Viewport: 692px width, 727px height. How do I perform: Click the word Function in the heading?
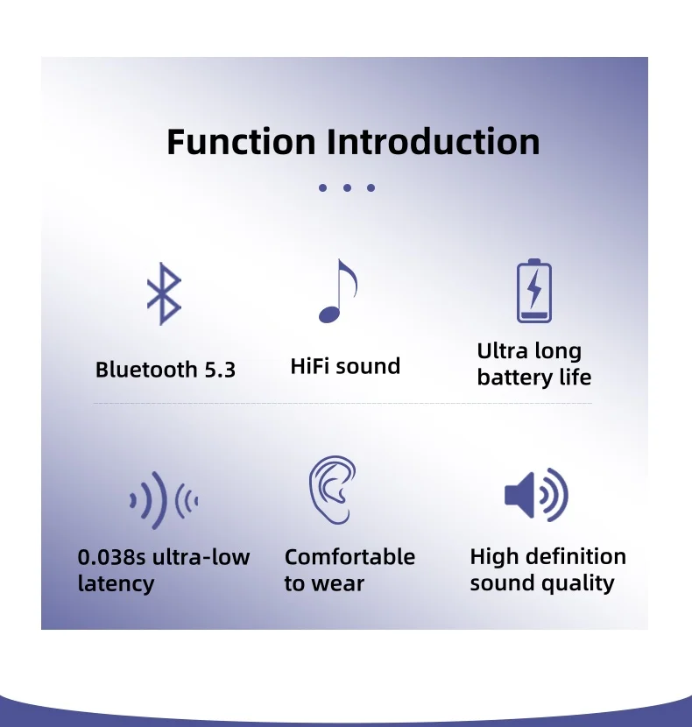click(x=241, y=141)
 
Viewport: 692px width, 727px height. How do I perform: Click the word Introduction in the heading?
click(x=434, y=141)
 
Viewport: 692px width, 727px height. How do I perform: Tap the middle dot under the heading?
click(x=347, y=187)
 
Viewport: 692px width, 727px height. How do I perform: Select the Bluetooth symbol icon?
click(x=164, y=294)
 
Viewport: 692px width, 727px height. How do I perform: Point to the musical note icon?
click(x=337, y=291)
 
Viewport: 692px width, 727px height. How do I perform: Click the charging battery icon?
click(x=534, y=291)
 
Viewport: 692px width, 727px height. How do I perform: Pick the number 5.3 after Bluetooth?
click(x=220, y=370)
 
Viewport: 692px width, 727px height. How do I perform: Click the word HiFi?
click(x=310, y=366)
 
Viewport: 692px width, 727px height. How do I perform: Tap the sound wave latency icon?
click(x=164, y=501)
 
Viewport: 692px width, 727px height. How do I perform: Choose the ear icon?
click(x=333, y=490)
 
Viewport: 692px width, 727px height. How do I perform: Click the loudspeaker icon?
click(x=536, y=495)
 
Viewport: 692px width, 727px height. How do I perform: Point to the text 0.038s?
click(x=112, y=557)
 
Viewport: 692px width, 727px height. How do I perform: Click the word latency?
click(x=116, y=583)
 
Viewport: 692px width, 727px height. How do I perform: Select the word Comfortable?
click(x=350, y=557)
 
